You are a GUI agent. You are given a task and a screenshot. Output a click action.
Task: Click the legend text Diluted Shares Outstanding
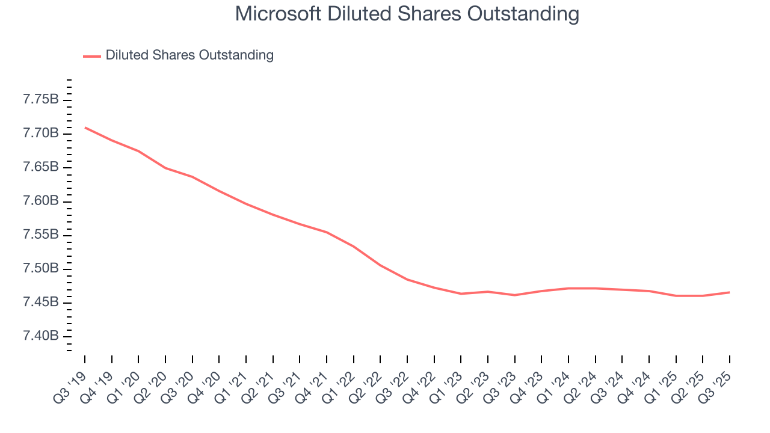(x=189, y=55)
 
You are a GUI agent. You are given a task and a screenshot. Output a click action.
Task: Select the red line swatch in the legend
(x=91, y=56)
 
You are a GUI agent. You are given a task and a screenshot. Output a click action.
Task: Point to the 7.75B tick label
(x=41, y=99)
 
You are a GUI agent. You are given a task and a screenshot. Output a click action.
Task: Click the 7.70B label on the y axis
(x=41, y=133)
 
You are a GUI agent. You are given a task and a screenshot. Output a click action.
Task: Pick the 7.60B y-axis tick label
(x=41, y=201)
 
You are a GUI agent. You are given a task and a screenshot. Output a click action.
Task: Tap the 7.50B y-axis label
(x=41, y=268)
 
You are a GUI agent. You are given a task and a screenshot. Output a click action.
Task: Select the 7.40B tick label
(x=41, y=336)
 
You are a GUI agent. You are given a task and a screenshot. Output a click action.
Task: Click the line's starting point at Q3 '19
(x=85, y=127)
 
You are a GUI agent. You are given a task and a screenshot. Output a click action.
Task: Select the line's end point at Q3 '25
(x=730, y=292)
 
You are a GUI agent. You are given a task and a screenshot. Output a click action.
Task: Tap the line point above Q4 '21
(x=327, y=232)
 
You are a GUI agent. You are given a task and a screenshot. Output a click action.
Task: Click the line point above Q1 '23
(x=461, y=293)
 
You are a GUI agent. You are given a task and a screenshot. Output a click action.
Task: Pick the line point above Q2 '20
(x=165, y=168)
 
